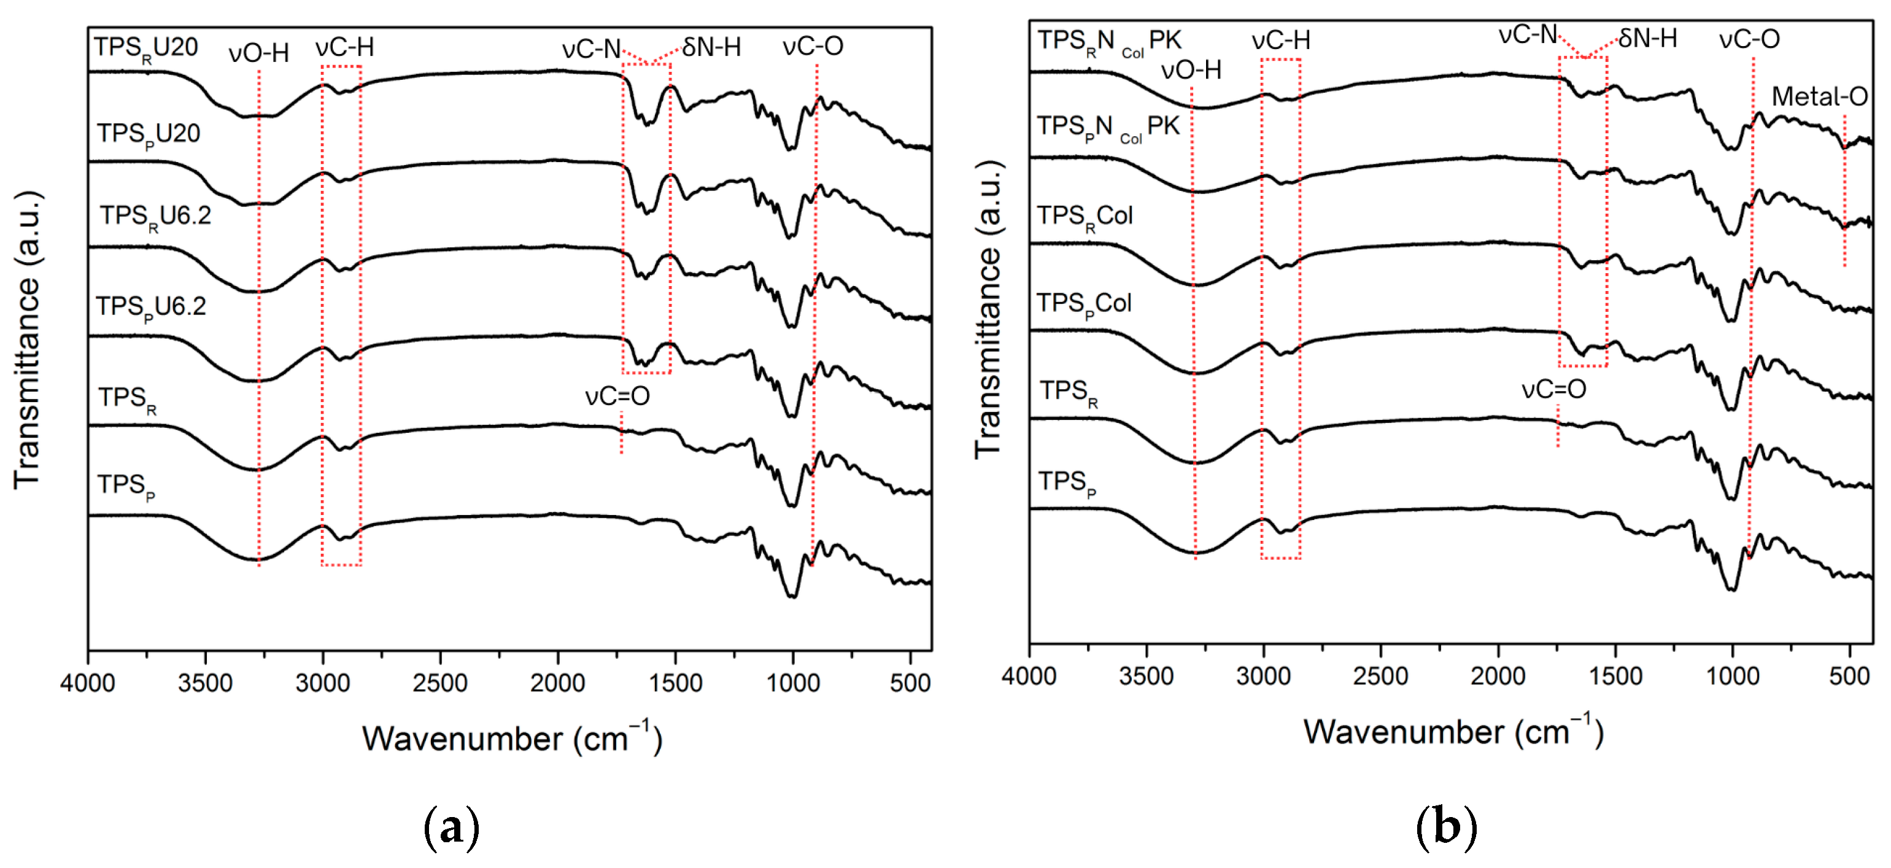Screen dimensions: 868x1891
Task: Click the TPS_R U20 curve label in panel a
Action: [145, 48]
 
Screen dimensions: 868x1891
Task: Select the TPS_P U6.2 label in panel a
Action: [151, 307]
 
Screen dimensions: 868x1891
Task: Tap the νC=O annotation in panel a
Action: [617, 397]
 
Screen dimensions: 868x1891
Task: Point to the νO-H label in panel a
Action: [258, 53]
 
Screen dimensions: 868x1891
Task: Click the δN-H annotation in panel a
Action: [711, 48]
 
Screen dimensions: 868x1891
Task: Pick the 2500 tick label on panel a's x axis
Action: [439, 683]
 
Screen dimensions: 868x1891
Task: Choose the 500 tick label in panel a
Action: [910, 683]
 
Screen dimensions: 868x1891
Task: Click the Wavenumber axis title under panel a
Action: [512, 738]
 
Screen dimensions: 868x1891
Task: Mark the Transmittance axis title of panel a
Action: [28, 340]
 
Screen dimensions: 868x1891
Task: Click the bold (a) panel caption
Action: [452, 827]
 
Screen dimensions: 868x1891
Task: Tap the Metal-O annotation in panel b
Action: [1819, 96]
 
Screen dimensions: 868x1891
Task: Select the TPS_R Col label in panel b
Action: [1085, 217]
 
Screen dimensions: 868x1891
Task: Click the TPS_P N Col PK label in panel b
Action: [1107, 128]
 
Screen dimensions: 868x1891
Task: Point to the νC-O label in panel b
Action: [1749, 39]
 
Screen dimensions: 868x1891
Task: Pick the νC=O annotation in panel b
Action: [1553, 389]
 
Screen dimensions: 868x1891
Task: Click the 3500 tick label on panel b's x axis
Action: [1146, 676]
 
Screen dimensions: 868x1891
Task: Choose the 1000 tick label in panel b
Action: [1733, 676]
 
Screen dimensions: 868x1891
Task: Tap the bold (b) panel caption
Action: [1445, 827]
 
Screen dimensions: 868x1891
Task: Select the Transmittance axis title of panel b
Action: [988, 311]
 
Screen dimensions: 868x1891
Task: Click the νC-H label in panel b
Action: [1280, 41]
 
